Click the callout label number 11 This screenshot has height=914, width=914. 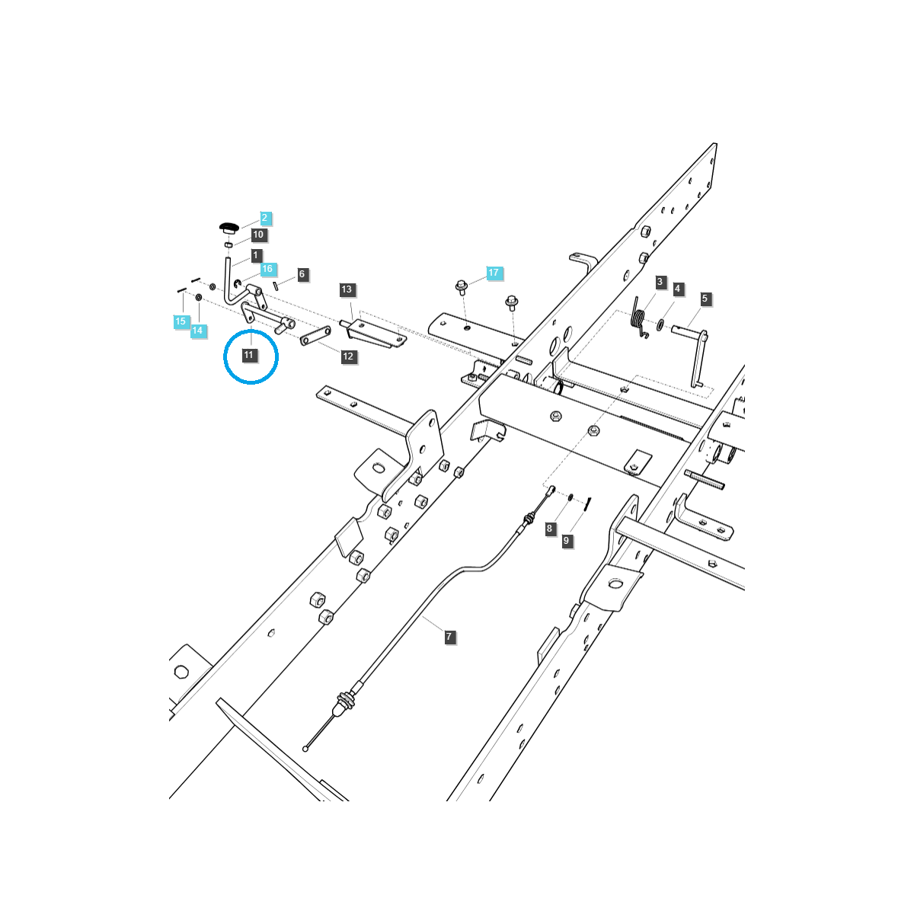coord(249,355)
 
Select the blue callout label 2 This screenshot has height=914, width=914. coord(264,218)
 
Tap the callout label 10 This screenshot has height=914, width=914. coord(258,235)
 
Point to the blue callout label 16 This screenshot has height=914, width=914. coord(267,269)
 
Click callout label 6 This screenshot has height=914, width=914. coord(302,274)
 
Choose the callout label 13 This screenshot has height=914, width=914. coord(347,289)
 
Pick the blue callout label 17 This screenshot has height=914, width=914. coord(494,272)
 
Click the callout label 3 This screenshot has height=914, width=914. coord(660,282)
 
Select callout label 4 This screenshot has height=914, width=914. coord(677,289)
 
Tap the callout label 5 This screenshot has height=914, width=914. coord(705,299)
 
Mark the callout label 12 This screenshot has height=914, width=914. coord(348,356)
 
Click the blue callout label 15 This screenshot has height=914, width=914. coord(181,321)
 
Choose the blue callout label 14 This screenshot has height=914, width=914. coord(197,330)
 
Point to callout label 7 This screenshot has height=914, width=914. coord(449,637)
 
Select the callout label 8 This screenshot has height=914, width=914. coord(549,529)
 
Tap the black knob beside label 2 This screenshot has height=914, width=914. coord(229,227)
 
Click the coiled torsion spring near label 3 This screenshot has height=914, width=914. coord(639,318)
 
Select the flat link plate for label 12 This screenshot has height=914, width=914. coord(315,337)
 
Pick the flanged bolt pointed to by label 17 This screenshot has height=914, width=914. coord(462,288)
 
